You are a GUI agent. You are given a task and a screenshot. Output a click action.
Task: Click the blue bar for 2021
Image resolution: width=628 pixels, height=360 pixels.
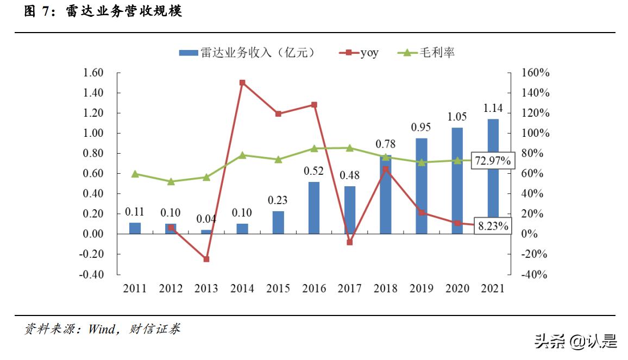493,174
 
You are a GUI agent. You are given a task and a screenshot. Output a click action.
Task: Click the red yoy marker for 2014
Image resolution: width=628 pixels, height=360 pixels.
242,83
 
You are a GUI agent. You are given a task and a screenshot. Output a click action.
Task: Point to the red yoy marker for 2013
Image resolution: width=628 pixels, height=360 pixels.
206,259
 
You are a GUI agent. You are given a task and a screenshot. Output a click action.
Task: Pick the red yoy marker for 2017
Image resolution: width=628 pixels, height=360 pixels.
350,242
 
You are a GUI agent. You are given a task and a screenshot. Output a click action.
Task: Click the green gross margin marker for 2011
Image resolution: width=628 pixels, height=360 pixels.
135,174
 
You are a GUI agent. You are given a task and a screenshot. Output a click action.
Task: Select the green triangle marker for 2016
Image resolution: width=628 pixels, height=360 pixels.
314,148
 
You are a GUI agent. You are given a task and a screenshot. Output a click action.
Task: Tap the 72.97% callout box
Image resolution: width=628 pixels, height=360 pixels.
492,161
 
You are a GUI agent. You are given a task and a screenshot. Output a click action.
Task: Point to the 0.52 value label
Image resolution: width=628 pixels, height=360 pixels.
313,171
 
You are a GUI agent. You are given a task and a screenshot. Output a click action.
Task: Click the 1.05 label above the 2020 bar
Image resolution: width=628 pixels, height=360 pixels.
457,117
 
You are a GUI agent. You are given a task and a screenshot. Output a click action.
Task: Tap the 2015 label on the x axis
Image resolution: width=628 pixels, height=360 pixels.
278,288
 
